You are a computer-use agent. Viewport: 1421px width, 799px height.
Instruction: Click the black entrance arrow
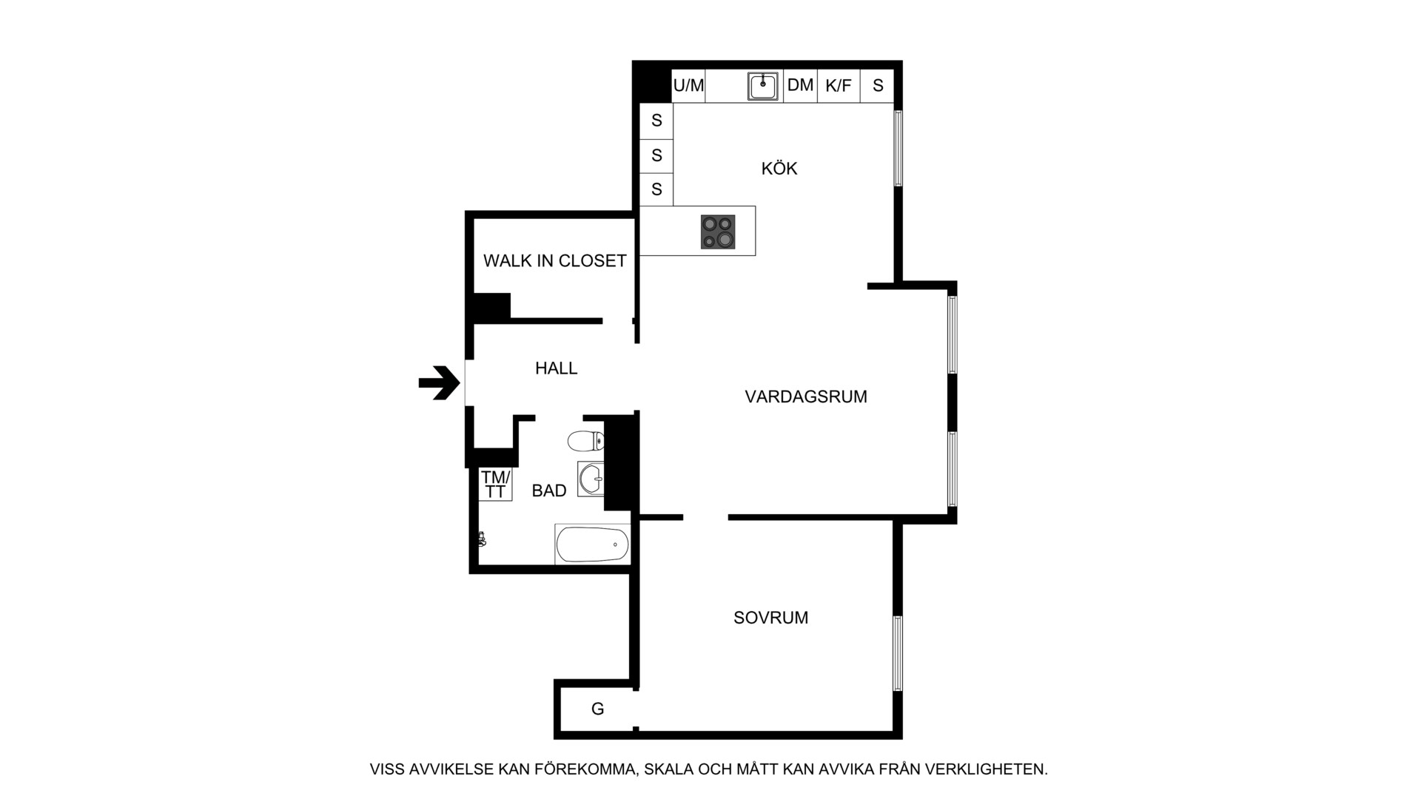click(440, 383)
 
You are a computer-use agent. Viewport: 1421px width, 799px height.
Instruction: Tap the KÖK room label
click(779, 169)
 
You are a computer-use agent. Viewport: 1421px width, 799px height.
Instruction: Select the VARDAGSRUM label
click(806, 397)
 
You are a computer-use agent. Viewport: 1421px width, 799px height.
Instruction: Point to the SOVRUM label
click(770, 618)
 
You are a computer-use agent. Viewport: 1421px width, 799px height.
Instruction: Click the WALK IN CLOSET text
click(555, 260)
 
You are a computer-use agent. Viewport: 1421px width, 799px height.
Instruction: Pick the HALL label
click(557, 368)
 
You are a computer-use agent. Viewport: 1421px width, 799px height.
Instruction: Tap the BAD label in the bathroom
click(549, 490)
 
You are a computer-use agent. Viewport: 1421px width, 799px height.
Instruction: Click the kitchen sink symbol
click(763, 87)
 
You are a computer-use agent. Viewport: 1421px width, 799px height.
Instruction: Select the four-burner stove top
click(718, 232)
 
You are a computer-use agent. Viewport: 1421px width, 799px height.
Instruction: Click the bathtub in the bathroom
click(592, 545)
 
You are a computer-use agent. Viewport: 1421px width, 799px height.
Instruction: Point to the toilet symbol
click(585, 441)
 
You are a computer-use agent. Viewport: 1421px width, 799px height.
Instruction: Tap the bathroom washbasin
click(591, 479)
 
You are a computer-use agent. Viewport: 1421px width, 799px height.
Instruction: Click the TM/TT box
click(495, 485)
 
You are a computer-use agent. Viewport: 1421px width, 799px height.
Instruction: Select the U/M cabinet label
click(688, 86)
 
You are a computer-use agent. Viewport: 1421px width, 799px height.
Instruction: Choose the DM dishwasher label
click(800, 85)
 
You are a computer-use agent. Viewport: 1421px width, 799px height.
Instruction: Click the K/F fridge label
click(839, 86)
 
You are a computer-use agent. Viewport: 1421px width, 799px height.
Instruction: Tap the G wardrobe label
click(597, 709)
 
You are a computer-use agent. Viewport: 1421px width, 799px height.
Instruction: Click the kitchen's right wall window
click(898, 148)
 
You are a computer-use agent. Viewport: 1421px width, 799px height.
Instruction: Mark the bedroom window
click(898, 653)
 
